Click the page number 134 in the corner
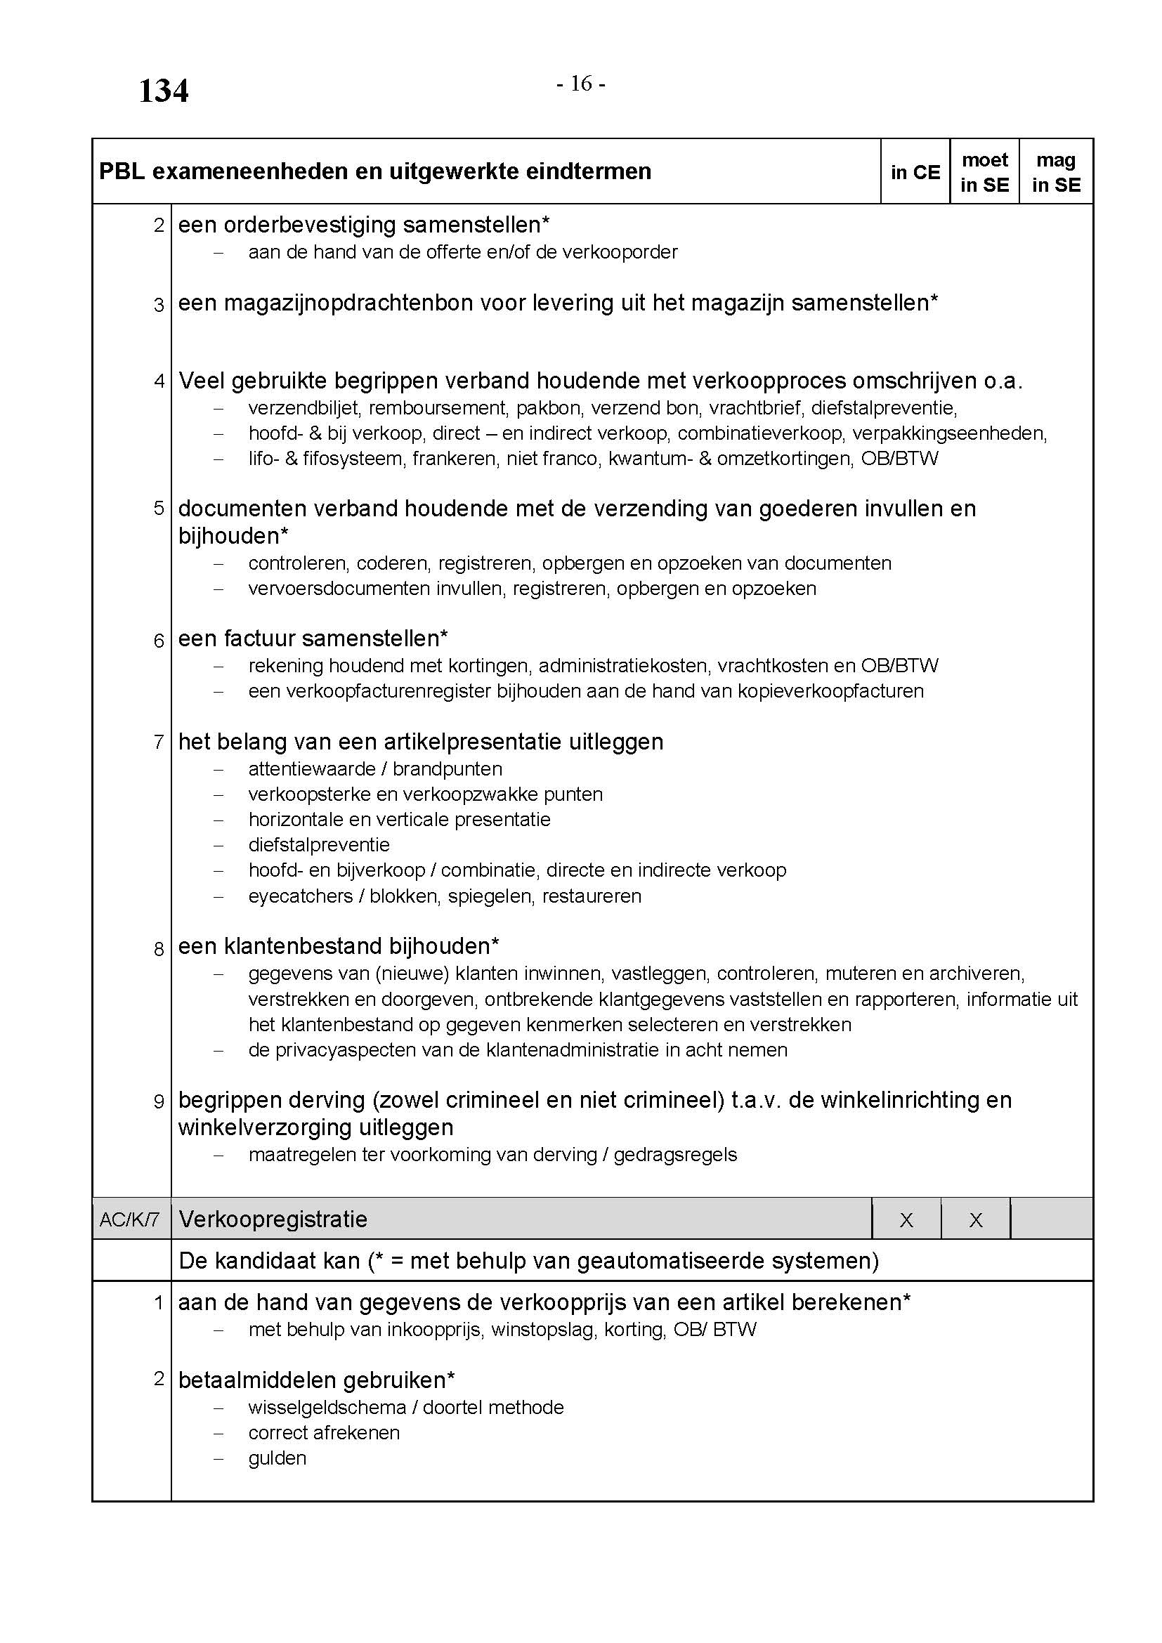tap(163, 91)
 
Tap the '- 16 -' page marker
tap(581, 84)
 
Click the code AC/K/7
tap(129, 1219)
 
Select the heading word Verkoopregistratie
tap(273, 1219)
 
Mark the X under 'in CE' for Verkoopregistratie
tap(906, 1220)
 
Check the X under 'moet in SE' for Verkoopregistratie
tap(976, 1220)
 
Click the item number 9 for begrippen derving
tap(159, 1102)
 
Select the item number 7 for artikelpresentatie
tap(159, 742)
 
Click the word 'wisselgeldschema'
tap(326, 1408)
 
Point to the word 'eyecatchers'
tap(301, 896)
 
